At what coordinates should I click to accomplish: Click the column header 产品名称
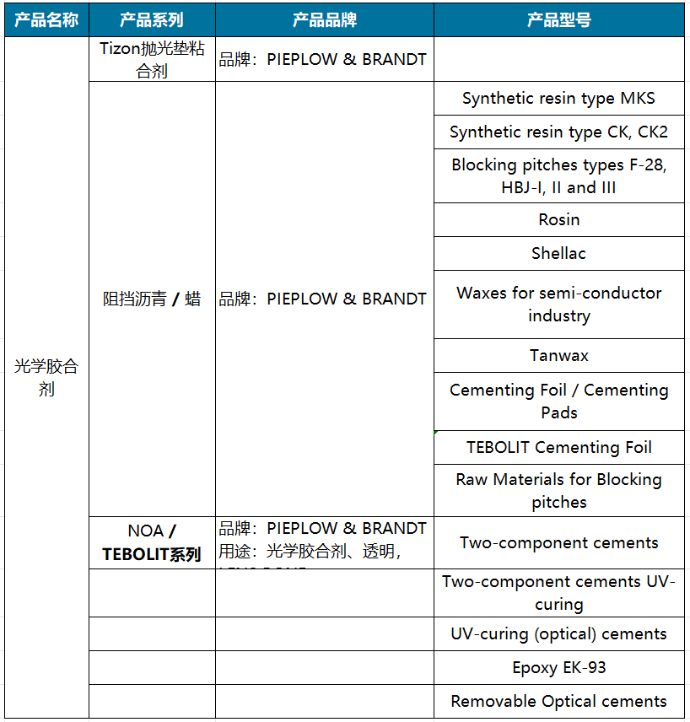tap(46, 19)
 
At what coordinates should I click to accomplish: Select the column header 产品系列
tap(152, 19)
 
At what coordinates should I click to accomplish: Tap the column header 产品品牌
tap(324, 19)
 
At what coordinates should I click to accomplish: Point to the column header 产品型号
tap(558, 19)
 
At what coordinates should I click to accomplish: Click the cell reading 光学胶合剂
tap(46, 377)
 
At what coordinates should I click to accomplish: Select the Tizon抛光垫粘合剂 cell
tap(152, 60)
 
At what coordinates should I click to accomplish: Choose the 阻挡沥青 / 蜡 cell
tap(152, 299)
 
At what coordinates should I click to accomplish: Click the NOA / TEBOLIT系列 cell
tap(152, 542)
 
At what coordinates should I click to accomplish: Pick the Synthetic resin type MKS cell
tap(558, 99)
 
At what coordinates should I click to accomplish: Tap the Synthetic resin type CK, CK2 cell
tap(558, 132)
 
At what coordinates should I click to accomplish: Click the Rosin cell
tap(558, 219)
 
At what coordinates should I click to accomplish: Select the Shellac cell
tap(558, 253)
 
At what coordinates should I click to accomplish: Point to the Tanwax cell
tap(558, 355)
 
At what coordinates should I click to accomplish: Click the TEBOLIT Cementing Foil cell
tap(558, 447)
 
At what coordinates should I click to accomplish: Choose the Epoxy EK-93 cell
tap(558, 667)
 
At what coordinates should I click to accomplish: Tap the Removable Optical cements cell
tap(558, 701)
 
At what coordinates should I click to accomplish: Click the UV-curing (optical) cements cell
tap(558, 633)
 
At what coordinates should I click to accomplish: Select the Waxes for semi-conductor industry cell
tap(558, 304)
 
